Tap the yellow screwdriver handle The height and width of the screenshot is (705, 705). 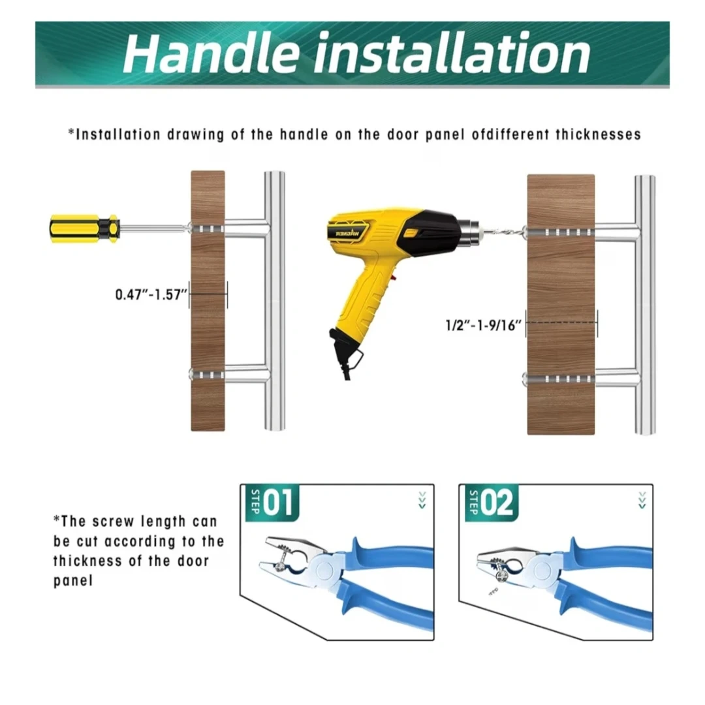[x=84, y=228]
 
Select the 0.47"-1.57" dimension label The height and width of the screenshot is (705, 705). [x=151, y=294]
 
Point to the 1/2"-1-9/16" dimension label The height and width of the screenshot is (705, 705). [x=484, y=324]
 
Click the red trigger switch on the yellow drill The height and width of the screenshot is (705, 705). [x=394, y=277]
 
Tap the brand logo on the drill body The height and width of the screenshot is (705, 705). [x=349, y=233]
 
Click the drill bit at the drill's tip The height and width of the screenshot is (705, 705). [x=503, y=232]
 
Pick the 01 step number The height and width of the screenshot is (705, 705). [x=278, y=502]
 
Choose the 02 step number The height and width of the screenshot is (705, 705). [x=497, y=502]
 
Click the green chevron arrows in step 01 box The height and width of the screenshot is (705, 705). [x=422, y=500]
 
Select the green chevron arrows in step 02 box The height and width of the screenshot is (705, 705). [x=642, y=500]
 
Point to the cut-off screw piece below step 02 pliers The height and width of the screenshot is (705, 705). [x=493, y=591]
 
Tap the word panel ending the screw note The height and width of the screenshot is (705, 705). [x=73, y=581]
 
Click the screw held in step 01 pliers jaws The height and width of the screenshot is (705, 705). [x=279, y=562]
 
